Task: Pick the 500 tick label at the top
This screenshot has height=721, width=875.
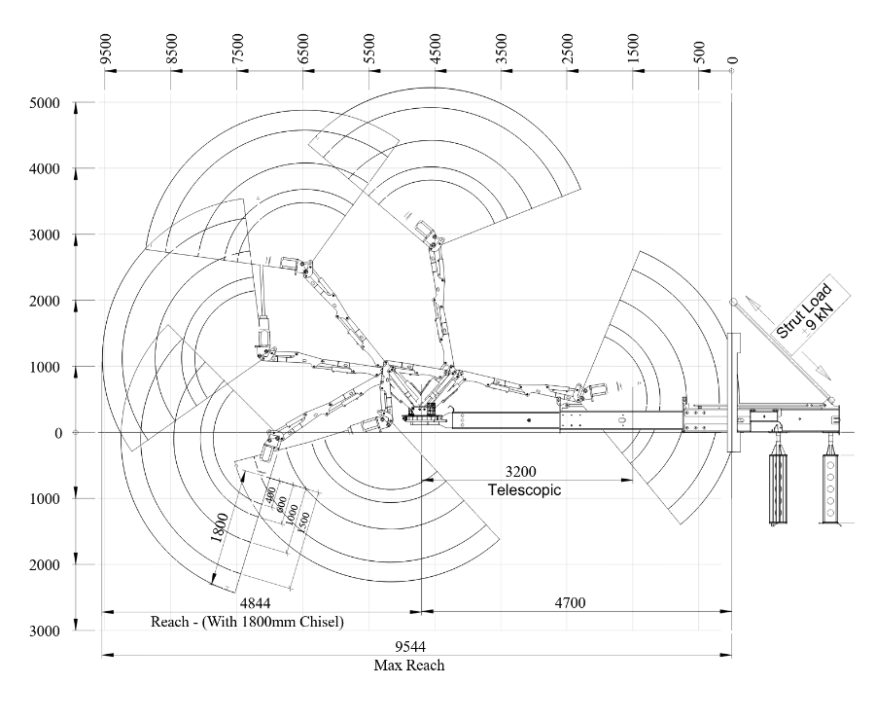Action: pyautogui.click(x=699, y=50)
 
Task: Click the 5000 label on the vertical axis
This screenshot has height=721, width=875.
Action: pyautogui.click(x=45, y=103)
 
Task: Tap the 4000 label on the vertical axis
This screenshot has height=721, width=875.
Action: pyautogui.click(x=45, y=169)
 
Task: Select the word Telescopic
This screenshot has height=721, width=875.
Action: pyautogui.click(x=524, y=489)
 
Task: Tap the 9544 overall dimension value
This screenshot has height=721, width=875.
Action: pyautogui.click(x=409, y=647)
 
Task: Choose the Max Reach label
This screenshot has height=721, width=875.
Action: pyautogui.click(x=409, y=666)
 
